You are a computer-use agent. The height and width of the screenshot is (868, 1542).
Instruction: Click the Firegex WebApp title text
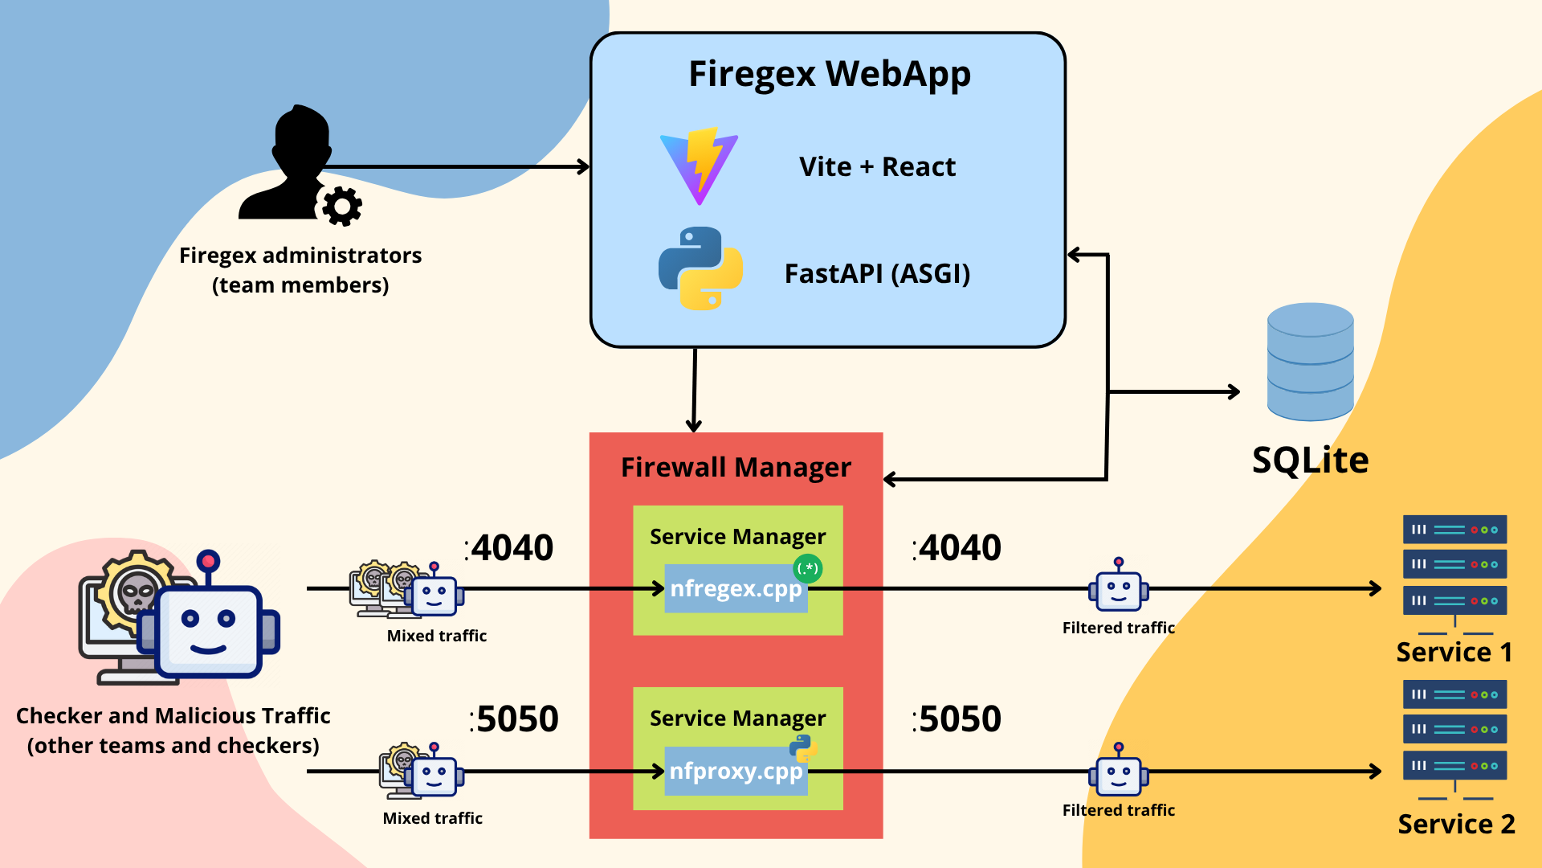[x=829, y=74]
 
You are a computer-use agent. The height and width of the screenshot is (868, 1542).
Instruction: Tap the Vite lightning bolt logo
[x=699, y=166]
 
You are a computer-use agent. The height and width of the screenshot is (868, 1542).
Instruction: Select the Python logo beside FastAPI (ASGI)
[x=700, y=268]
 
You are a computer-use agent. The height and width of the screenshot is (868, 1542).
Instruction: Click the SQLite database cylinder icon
[x=1310, y=362]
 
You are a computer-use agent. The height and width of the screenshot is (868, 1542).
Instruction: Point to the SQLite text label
[x=1310, y=461]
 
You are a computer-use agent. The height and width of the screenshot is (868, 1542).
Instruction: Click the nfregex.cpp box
[x=735, y=589]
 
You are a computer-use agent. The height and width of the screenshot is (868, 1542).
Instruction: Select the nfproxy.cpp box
[x=735, y=772]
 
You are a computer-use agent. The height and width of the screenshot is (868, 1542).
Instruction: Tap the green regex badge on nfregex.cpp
[x=807, y=568]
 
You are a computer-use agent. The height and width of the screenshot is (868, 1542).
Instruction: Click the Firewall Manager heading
[x=735, y=468]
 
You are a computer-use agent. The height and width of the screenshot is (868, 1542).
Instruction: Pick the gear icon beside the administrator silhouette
[x=342, y=207]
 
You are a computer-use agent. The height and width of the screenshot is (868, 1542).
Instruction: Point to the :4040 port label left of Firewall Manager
[x=509, y=548]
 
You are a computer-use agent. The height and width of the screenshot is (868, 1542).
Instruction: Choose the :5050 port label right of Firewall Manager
[x=957, y=719]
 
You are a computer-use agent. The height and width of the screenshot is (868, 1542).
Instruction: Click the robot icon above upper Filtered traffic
[x=1118, y=590]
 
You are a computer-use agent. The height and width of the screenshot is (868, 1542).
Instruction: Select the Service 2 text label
[x=1455, y=825]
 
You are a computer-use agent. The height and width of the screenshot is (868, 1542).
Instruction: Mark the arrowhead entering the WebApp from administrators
[x=584, y=167]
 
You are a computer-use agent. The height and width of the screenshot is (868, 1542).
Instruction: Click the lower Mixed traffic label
[x=432, y=818]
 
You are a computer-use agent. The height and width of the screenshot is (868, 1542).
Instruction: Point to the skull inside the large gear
[x=137, y=593]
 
